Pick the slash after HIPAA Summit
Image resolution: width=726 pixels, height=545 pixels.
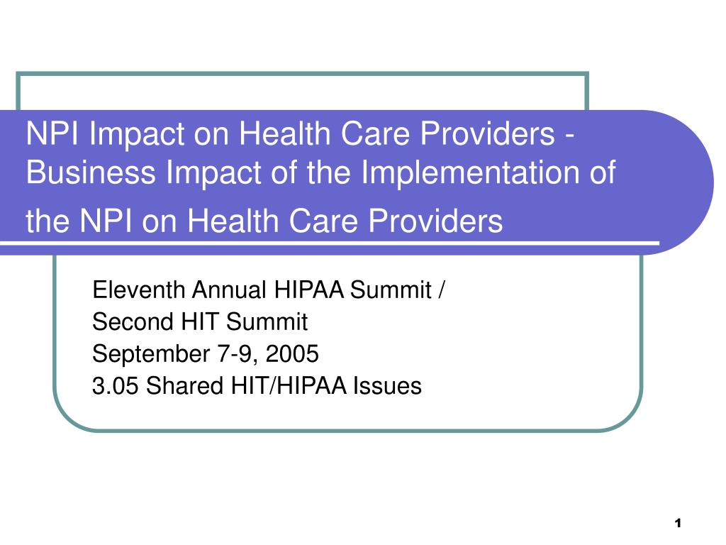[442, 290]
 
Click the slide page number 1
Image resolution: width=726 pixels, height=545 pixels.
[677, 524]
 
